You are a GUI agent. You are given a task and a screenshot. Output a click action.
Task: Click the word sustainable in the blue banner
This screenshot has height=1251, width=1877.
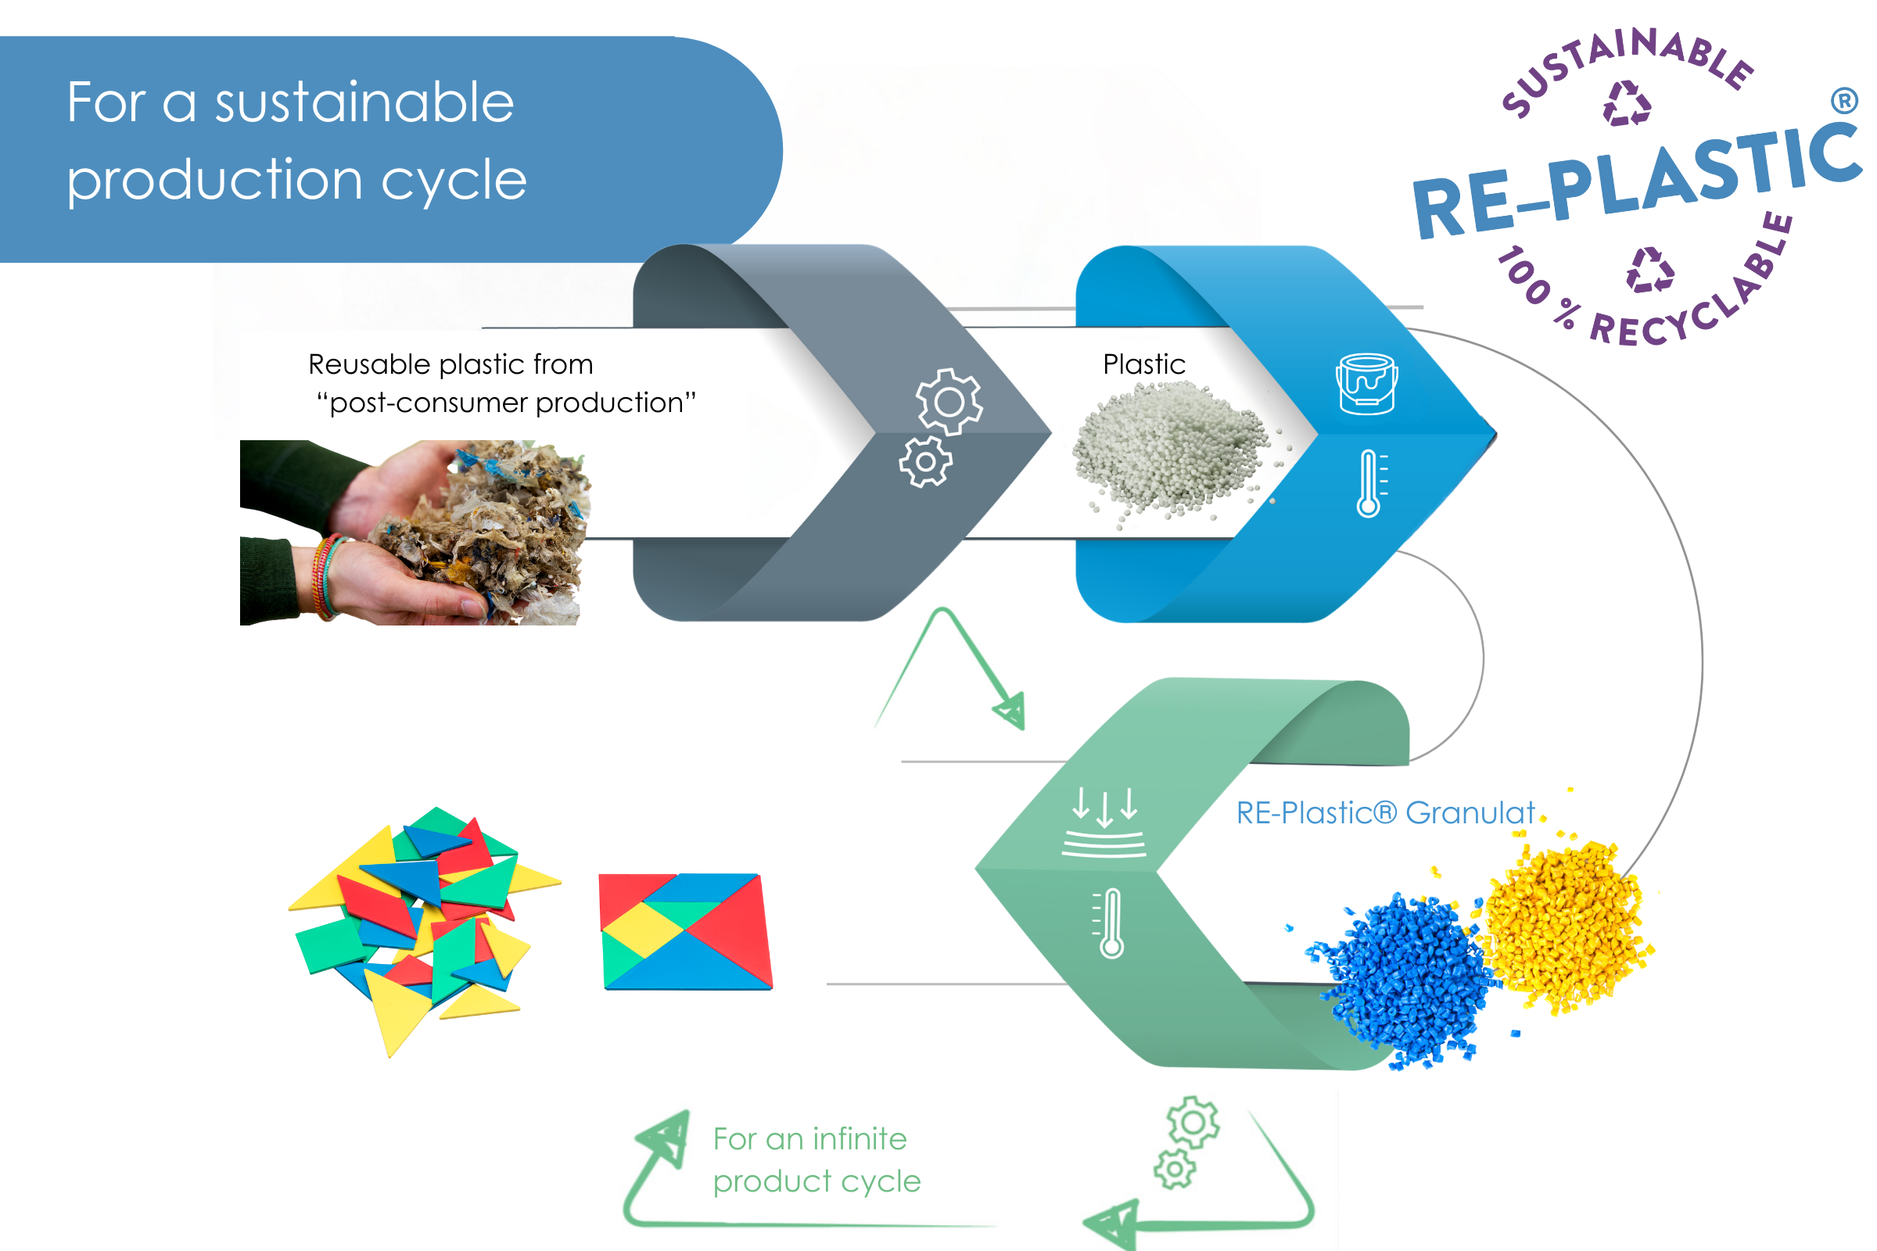[x=364, y=104]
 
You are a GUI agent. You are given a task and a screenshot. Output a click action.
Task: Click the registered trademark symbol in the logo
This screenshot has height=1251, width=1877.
[x=1844, y=101]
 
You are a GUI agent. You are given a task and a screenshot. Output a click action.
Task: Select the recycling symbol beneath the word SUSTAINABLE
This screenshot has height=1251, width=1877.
[x=1627, y=104]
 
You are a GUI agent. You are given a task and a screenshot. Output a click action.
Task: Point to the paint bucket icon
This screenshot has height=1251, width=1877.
[x=1366, y=384]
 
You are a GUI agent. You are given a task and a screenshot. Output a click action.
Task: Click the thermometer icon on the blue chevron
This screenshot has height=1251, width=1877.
[x=1369, y=483]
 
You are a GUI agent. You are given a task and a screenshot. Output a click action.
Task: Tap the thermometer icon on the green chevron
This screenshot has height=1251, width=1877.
[x=1110, y=923]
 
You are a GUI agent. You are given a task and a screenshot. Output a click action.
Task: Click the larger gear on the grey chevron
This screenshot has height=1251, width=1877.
[x=949, y=401]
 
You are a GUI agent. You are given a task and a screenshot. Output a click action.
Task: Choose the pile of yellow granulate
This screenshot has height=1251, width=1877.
[x=1564, y=926]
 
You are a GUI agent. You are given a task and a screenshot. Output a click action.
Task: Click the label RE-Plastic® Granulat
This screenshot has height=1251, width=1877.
[x=1384, y=813]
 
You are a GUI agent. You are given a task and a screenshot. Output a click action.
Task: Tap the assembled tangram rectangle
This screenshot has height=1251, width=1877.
[x=687, y=932]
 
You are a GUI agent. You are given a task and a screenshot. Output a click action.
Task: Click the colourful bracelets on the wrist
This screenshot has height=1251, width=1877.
[x=327, y=576]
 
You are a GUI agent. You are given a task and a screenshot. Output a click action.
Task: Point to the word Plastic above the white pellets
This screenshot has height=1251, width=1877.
[x=1143, y=364]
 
